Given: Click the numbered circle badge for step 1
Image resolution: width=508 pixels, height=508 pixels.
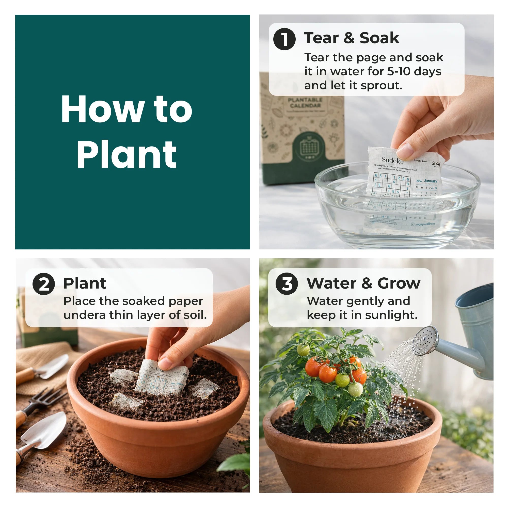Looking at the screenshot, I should pyautogui.click(x=284, y=39).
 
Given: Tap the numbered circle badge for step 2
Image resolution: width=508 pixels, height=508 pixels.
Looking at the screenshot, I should pyautogui.click(x=43, y=284).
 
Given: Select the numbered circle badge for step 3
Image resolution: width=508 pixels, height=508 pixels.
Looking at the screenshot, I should pyautogui.click(x=287, y=284).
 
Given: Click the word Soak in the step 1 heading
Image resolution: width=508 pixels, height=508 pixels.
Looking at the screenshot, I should pyautogui.click(x=379, y=38).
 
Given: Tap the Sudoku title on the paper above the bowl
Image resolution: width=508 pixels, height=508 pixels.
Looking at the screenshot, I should pyautogui.click(x=392, y=160).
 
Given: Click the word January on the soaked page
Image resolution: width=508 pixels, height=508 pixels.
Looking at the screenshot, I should pyautogui.click(x=431, y=181).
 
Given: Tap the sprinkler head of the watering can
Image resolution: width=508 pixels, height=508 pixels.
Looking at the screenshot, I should pyautogui.click(x=425, y=341).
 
